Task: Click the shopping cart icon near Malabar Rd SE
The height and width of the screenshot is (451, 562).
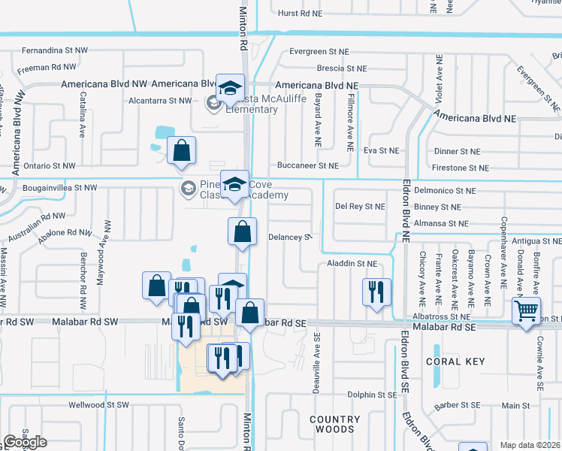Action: (x=527, y=310)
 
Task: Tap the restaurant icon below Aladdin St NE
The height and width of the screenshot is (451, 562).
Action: (x=376, y=292)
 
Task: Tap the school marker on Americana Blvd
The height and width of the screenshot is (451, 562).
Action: (x=230, y=87)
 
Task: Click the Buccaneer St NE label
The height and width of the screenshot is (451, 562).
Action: (x=308, y=165)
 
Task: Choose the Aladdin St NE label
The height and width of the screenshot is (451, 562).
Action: (x=351, y=264)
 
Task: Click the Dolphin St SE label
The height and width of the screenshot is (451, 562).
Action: (x=371, y=394)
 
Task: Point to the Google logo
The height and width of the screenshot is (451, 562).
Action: (x=25, y=443)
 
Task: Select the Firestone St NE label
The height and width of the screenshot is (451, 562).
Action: (x=458, y=168)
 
